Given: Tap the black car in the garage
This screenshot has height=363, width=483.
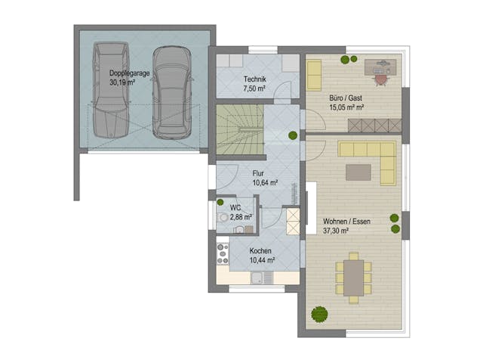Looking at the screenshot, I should (171, 92).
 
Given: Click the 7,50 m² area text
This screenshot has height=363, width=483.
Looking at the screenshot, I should (254, 88).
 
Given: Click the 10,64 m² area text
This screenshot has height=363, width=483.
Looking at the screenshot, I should (264, 182).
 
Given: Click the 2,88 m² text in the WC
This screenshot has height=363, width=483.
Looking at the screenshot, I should (241, 216).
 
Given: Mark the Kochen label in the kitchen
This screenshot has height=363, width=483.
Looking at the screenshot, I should (260, 251).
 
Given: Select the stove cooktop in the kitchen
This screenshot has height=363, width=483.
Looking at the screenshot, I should (223, 252).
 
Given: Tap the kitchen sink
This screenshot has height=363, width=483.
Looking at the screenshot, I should (258, 278).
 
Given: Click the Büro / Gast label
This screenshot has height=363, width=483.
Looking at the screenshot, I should (346, 98).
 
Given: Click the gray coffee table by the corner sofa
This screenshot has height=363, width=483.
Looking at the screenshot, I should (358, 172).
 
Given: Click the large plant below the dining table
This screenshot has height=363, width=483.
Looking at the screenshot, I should (319, 314).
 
